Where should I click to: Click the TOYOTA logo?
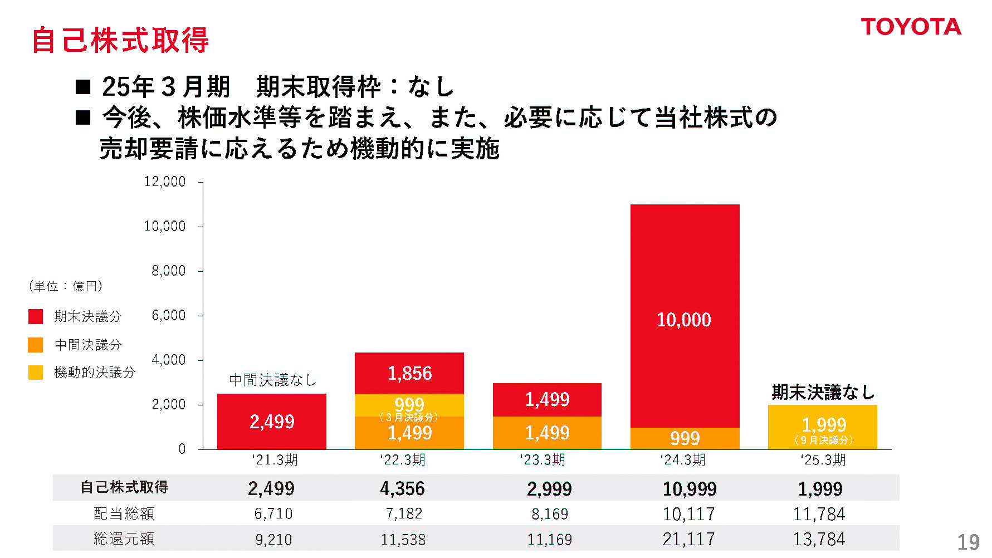tap(911, 27)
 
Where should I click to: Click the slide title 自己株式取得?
tap(120, 40)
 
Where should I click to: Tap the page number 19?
tap(968, 542)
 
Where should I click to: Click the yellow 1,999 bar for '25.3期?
tap(822, 427)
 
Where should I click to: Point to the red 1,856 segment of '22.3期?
tap(409, 373)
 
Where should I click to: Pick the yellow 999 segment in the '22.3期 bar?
tap(409, 404)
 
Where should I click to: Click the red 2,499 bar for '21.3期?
tap(271, 422)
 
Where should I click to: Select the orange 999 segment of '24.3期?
tap(685, 438)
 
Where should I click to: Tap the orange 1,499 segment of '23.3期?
tap(547, 433)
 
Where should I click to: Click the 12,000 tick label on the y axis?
tap(165, 182)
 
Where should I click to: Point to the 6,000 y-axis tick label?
tap(169, 315)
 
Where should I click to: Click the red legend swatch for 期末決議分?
tap(36, 316)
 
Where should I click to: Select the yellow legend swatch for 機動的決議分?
tap(36, 372)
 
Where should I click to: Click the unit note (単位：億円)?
tap(65, 286)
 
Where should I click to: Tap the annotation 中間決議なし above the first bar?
tap(272, 380)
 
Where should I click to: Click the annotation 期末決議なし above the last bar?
tap(822, 392)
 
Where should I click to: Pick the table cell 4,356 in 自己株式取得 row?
tap(402, 488)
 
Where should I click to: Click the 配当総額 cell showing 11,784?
tap(819, 513)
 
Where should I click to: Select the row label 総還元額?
tap(124, 539)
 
